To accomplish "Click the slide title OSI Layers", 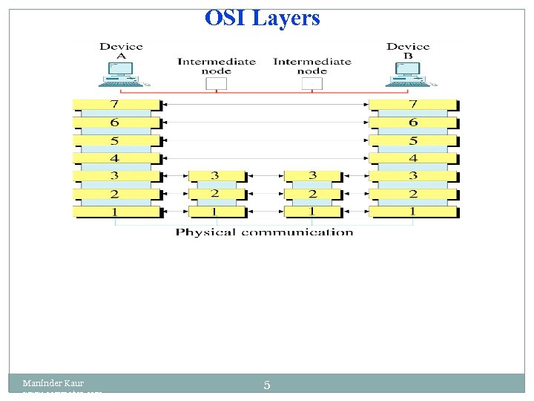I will coord(263,18).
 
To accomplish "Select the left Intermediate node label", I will coord(216,66).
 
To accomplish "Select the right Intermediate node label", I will coord(311,66).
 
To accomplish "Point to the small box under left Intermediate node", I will coord(216,84).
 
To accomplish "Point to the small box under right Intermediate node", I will coord(312,84).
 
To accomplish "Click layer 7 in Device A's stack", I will coord(116,105).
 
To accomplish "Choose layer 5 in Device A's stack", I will coord(116,140).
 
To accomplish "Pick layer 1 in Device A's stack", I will coord(116,212).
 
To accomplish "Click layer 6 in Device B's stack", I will coord(413,123).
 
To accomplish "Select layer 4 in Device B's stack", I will coord(413,158).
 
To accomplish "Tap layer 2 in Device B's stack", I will coord(413,194).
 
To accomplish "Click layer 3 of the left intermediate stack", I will coord(215,176).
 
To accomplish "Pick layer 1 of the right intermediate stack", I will coord(312,212).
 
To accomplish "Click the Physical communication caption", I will coord(264,232).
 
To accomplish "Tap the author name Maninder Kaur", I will coord(53,383).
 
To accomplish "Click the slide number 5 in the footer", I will coord(267,385).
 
